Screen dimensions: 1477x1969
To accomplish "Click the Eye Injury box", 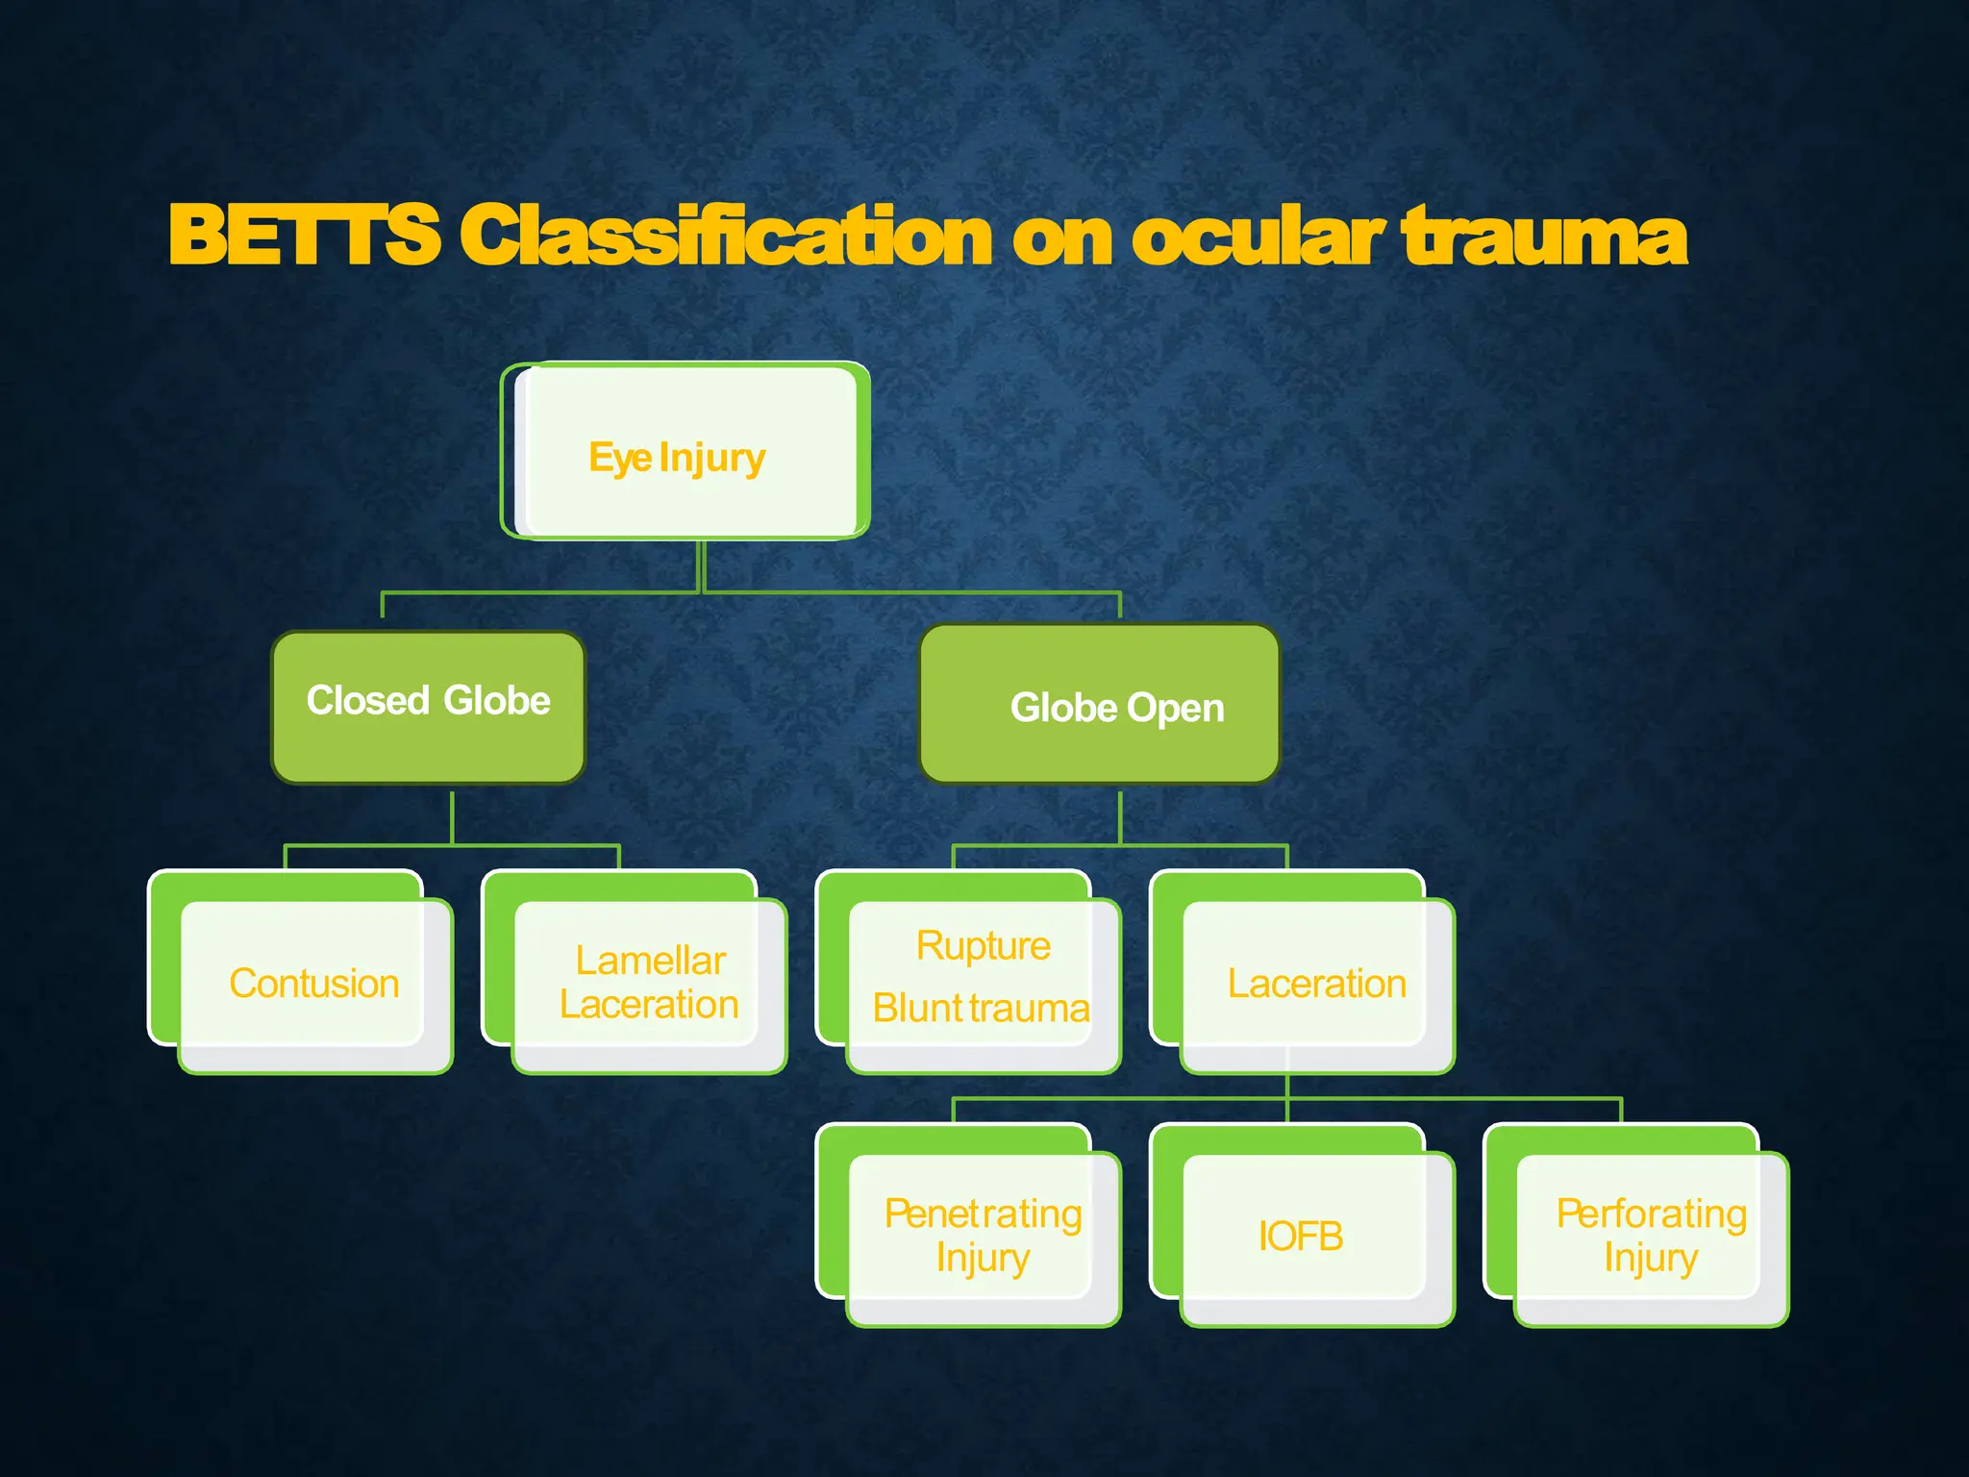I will click(685, 452).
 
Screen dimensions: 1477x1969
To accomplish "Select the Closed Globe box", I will click(429, 707).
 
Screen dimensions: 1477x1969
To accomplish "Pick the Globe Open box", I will click(1100, 705).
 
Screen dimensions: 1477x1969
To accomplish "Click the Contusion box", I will click(313, 984).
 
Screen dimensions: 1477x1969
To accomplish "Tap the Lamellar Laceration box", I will click(649, 983).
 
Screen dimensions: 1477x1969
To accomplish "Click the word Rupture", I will click(983, 946).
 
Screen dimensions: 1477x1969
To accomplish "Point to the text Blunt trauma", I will click(981, 1009).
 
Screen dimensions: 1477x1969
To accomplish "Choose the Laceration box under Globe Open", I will click(1316, 984).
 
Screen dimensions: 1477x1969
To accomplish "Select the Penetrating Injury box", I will click(983, 1236).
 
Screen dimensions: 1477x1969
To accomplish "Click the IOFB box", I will click(1301, 1237).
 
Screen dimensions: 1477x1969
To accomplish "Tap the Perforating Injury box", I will click(1651, 1236).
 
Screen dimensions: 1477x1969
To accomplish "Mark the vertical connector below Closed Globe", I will click(452, 817).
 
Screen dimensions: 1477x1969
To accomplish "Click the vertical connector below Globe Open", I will click(1120, 817).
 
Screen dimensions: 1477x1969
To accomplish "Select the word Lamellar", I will click(650, 961).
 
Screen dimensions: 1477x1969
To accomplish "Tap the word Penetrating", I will click(983, 1214).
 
